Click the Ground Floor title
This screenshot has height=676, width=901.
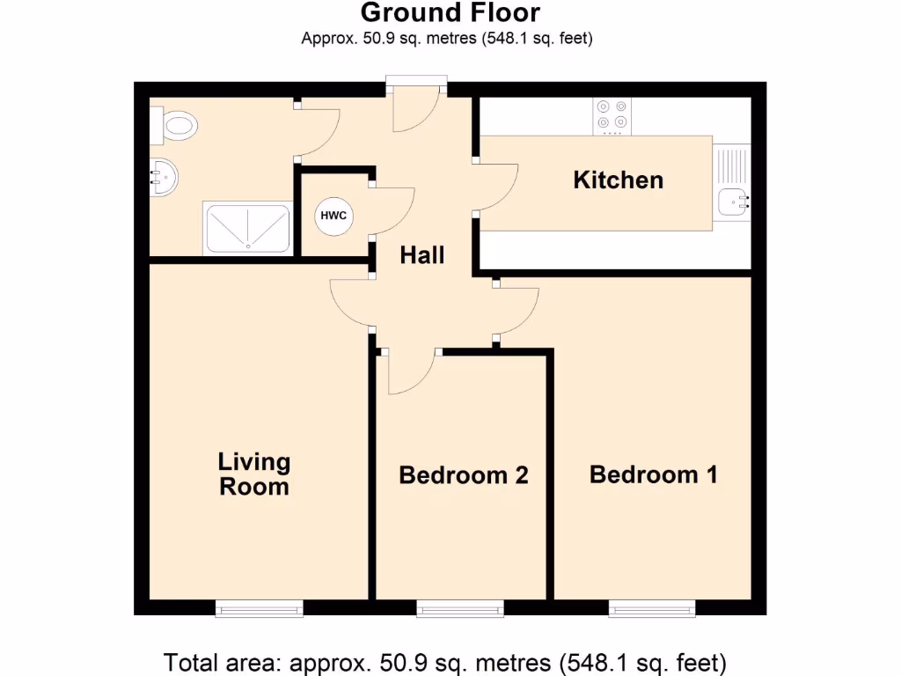450,13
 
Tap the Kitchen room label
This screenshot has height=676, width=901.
618,180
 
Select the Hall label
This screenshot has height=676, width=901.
422,255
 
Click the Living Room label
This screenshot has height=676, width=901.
253,474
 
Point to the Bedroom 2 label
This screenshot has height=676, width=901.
463,475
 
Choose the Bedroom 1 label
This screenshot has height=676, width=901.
653,474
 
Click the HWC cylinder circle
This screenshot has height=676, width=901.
333,216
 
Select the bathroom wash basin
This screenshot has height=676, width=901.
164,178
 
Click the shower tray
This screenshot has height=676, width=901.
247,228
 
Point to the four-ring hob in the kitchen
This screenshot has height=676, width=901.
613,114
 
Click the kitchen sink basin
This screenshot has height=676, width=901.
732,202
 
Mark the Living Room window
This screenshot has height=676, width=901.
260,607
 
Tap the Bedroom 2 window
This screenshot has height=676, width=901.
460,607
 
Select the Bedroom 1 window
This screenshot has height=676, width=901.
652,607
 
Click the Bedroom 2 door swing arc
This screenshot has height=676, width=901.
409,370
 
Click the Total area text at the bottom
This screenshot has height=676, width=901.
445,661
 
